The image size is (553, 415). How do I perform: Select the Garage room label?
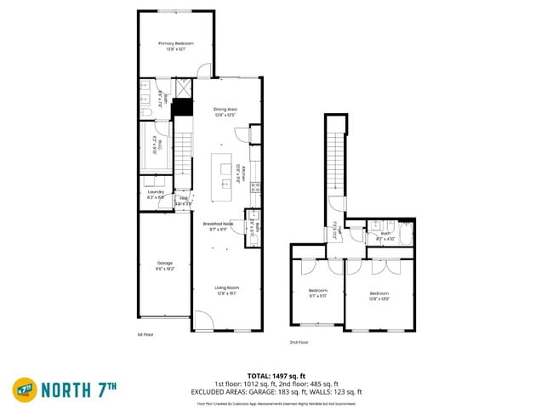(x=164, y=264)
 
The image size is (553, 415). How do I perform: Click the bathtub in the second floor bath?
(x=408, y=235)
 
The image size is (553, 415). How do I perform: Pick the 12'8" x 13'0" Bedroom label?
(x=379, y=295)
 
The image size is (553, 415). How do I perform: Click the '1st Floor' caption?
(x=146, y=334)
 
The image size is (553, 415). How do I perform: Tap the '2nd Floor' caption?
(x=299, y=342)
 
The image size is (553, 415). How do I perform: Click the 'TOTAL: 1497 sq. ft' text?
(x=276, y=375)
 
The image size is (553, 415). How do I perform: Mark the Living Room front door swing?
(x=203, y=321)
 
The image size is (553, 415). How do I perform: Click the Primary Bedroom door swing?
(x=202, y=71)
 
